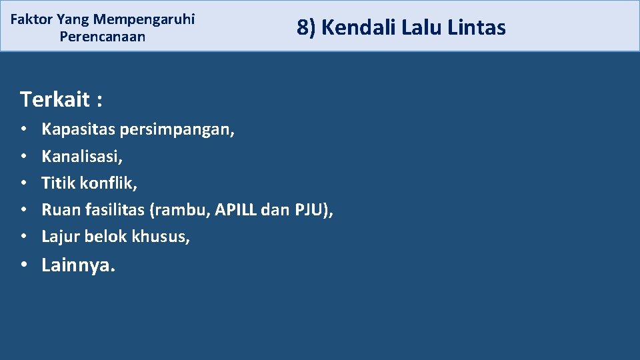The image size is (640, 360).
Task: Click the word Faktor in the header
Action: coord(31,19)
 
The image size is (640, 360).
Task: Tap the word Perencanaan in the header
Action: coord(102,37)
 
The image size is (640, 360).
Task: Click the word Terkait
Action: coord(55,99)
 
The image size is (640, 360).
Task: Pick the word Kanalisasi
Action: coord(81,156)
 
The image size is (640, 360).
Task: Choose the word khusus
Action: coord(163,236)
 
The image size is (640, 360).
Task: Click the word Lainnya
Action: coord(78,265)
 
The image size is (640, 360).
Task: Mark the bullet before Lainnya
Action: coord(24,265)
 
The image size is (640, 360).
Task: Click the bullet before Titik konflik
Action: coord(24,183)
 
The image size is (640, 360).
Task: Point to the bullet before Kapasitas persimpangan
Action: coord(24,129)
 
